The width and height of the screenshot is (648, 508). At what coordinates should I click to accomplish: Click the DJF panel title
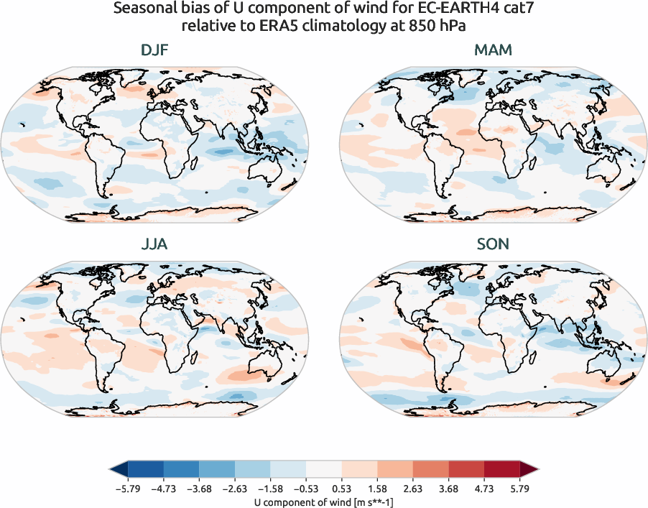155,50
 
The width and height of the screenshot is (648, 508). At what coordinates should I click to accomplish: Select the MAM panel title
493,50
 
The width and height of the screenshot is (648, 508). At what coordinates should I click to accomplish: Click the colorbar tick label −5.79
126,489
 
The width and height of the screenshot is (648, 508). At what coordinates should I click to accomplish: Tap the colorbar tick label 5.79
520,489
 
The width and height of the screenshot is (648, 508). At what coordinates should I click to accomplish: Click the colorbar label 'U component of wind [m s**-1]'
323,502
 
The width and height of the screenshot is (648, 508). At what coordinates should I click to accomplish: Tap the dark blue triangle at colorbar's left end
117,471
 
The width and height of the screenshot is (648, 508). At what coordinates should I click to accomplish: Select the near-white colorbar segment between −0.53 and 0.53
323,471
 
